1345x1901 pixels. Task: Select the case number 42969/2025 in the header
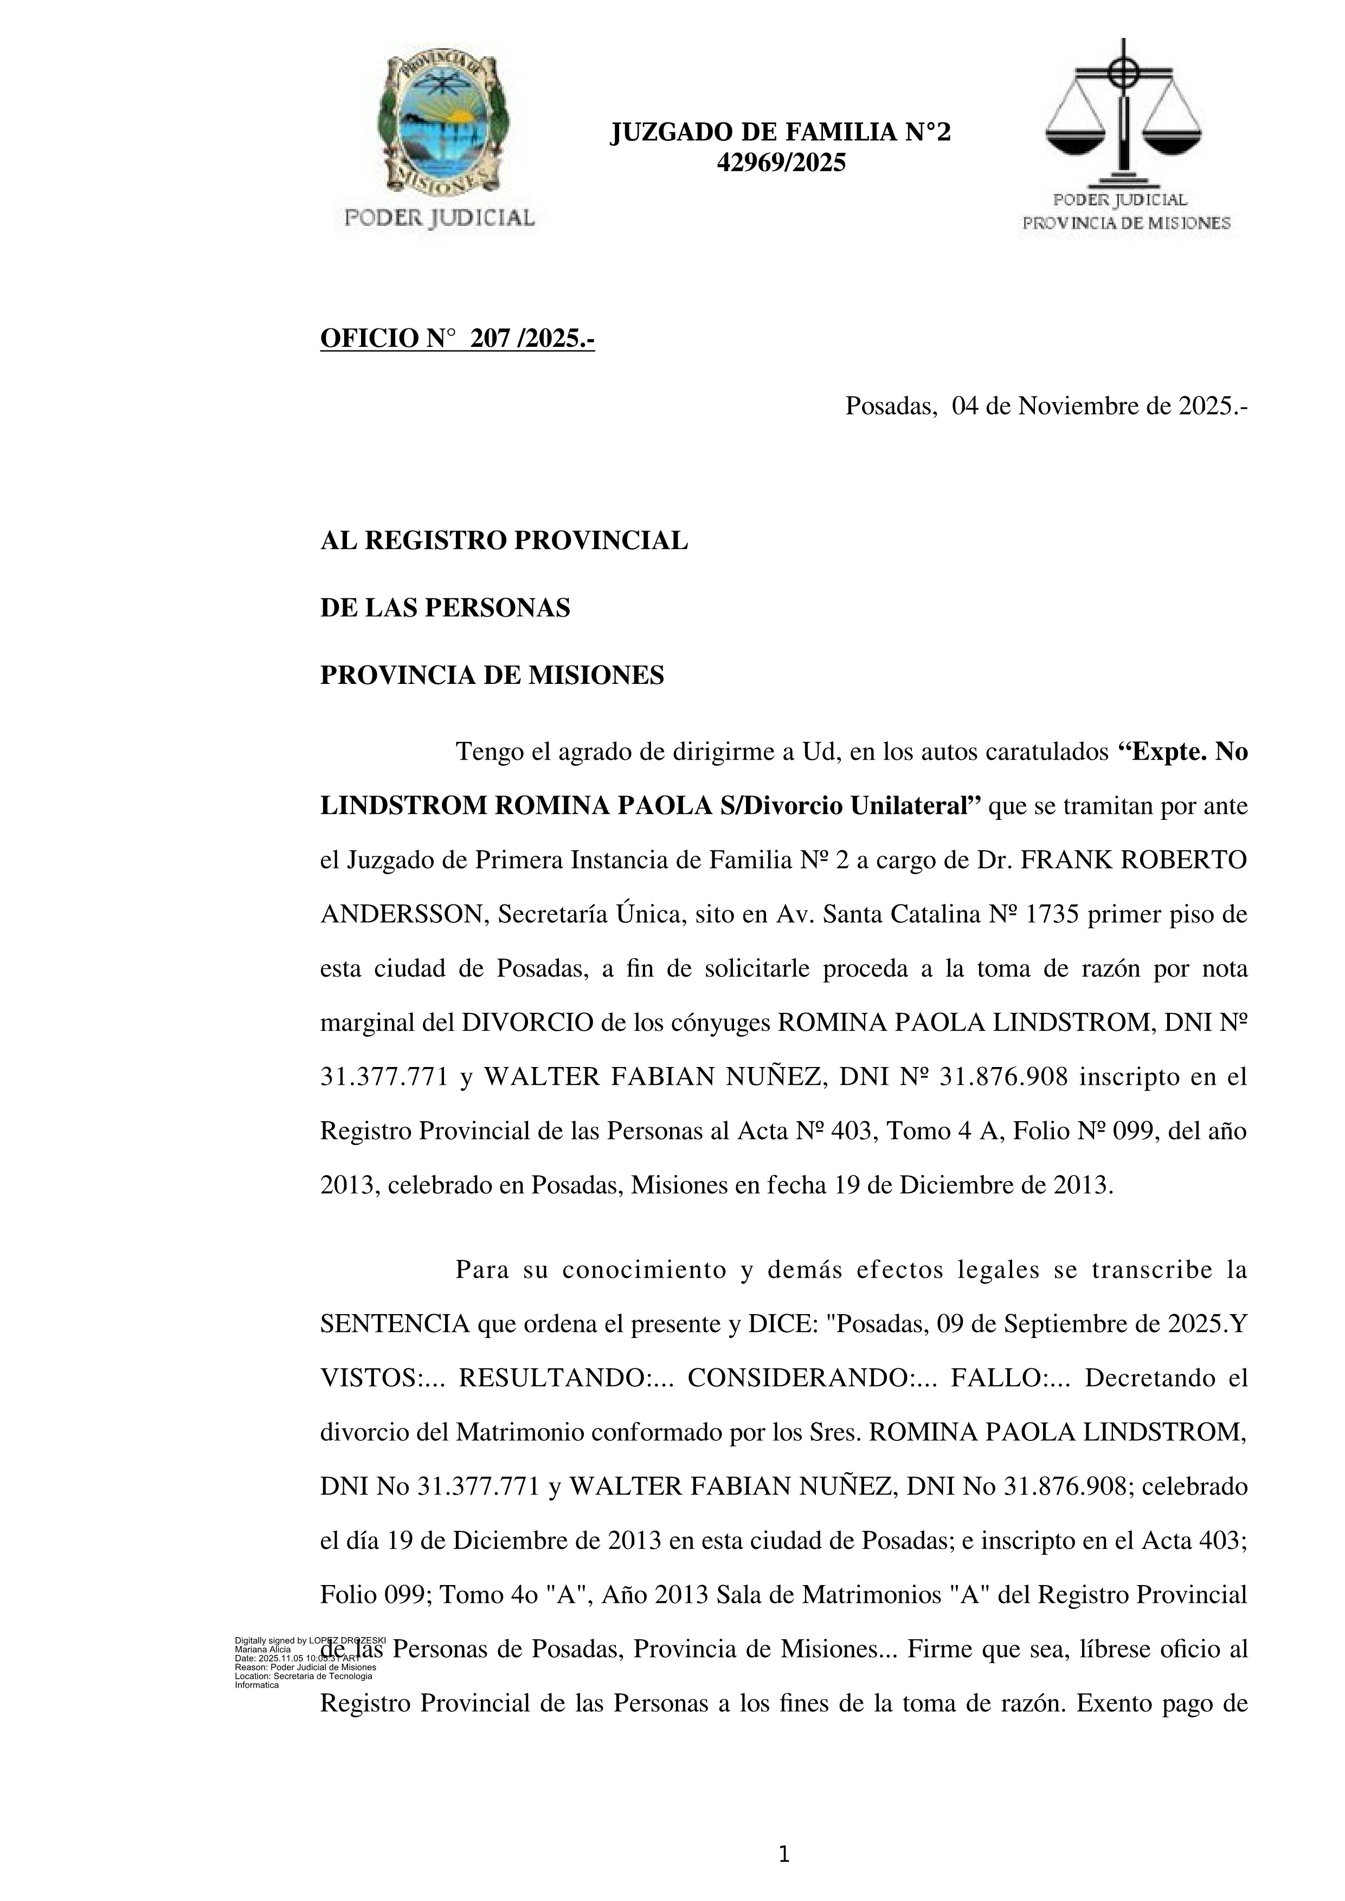tap(781, 163)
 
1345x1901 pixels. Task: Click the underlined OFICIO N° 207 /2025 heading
tap(457, 339)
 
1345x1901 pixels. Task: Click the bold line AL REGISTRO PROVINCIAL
tap(504, 541)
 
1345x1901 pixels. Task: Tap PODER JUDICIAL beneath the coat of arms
tap(439, 218)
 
